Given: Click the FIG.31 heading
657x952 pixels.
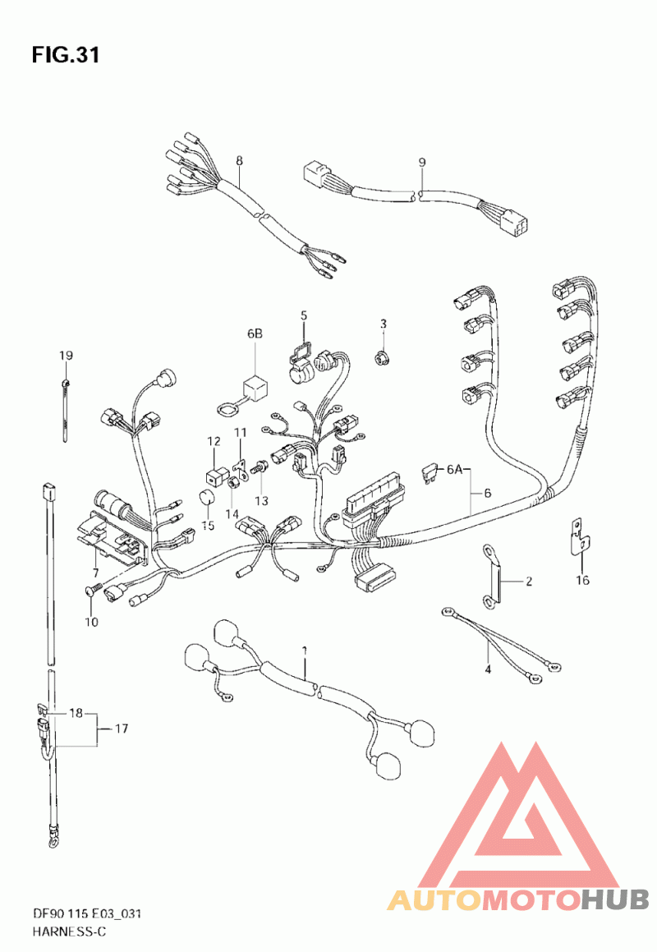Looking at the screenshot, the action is (66, 55).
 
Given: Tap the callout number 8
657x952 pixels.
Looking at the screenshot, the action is (239, 161).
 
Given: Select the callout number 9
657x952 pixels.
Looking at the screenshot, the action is (422, 163).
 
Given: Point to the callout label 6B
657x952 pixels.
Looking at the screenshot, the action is (255, 333).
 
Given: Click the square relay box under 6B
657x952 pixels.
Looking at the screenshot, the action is (256, 388).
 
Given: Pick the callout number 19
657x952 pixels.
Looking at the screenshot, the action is (66, 355).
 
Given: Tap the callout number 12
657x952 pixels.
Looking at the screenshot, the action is (214, 441).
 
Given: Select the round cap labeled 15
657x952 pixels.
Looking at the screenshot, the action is (209, 498).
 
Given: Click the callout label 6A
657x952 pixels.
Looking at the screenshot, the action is (455, 469).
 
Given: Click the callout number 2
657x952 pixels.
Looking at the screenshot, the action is (529, 581).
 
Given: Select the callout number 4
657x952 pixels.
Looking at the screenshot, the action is (488, 669).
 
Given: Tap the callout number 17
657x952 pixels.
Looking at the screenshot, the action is (122, 728).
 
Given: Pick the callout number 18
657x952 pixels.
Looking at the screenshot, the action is (76, 713).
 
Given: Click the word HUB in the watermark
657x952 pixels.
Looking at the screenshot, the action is (614, 899).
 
